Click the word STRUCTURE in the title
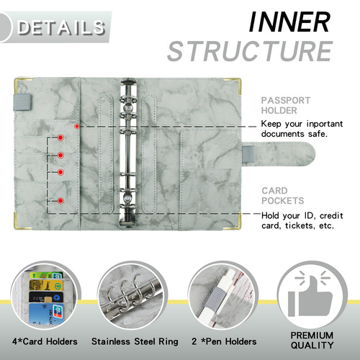click(x=250, y=51)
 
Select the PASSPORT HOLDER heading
click(x=287, y=106)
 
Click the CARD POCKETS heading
click(x=284, y=195)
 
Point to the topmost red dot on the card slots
click(x=60, y=137)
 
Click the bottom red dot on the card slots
click(x=60, y=200)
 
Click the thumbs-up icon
click(x=312, y=296)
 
